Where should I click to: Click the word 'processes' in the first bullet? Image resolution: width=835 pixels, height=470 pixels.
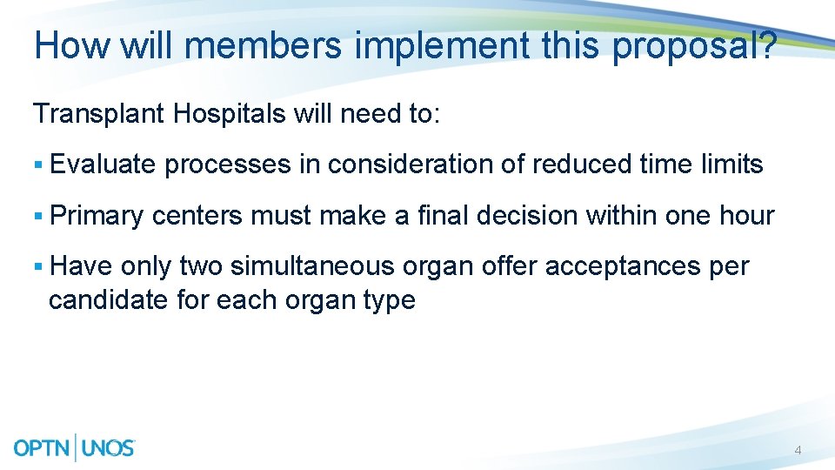tap(228, 165)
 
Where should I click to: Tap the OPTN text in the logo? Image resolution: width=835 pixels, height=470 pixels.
tap(43, 448)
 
